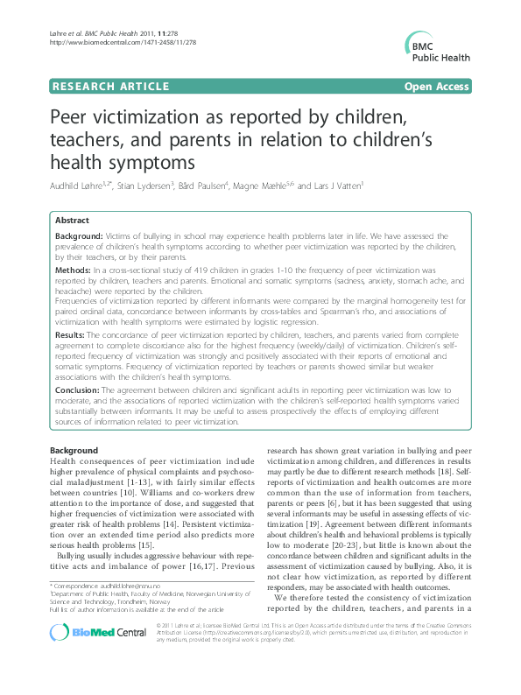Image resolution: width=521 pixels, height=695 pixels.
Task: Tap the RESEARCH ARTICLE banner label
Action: pyautogui.click(x=110, y=86)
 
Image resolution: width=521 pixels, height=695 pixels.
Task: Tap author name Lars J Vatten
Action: pyautogui.click(x=333, y=186)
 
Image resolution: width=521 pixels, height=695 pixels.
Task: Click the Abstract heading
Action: pyautogui.click(x=72, y=220)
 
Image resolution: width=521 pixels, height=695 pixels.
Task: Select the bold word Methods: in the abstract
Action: pyautogui.click(x=73, y=273)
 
